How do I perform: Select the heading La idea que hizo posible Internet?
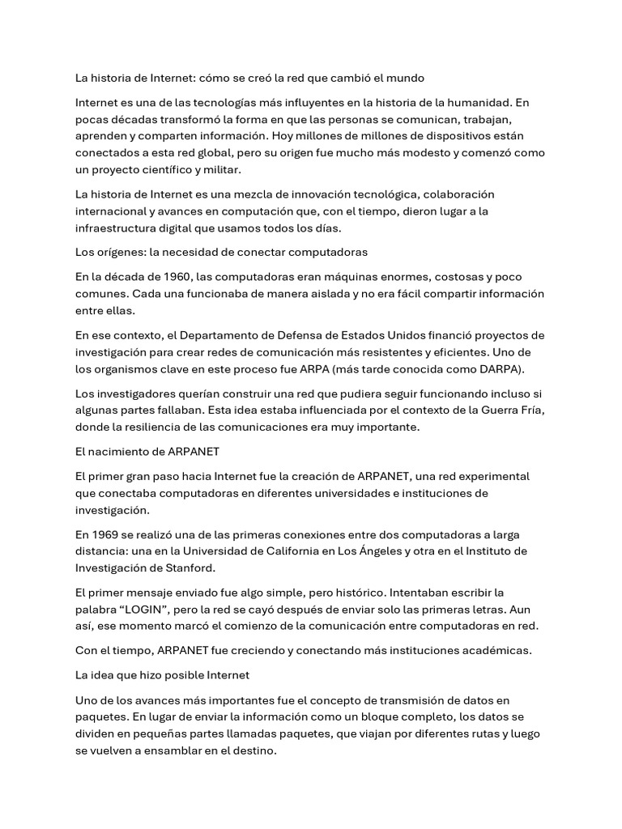pos(162,674)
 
